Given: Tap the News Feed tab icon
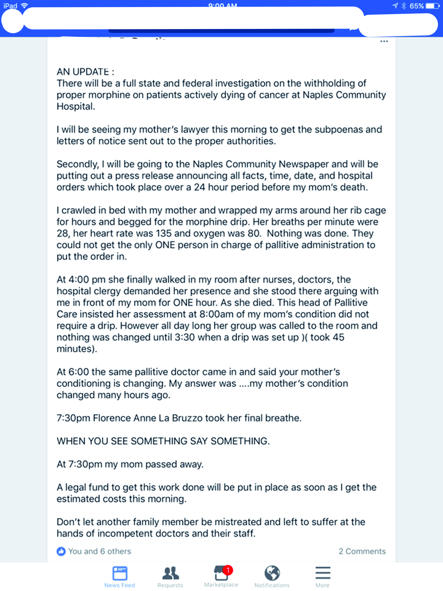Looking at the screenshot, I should pyautogui.click(x=120, y=573).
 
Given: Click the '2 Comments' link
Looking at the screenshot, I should pyautogui.click(x=362, y=551).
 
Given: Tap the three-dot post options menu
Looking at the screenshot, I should pyautogui.click(x=384, y=41).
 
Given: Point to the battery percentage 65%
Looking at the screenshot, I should pyautogui.click(x=417, y=6).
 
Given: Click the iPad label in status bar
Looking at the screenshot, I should pyautogui.click(x=10, y=6).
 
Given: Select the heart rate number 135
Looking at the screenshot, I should pyautogui.click(x=163, y=233).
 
